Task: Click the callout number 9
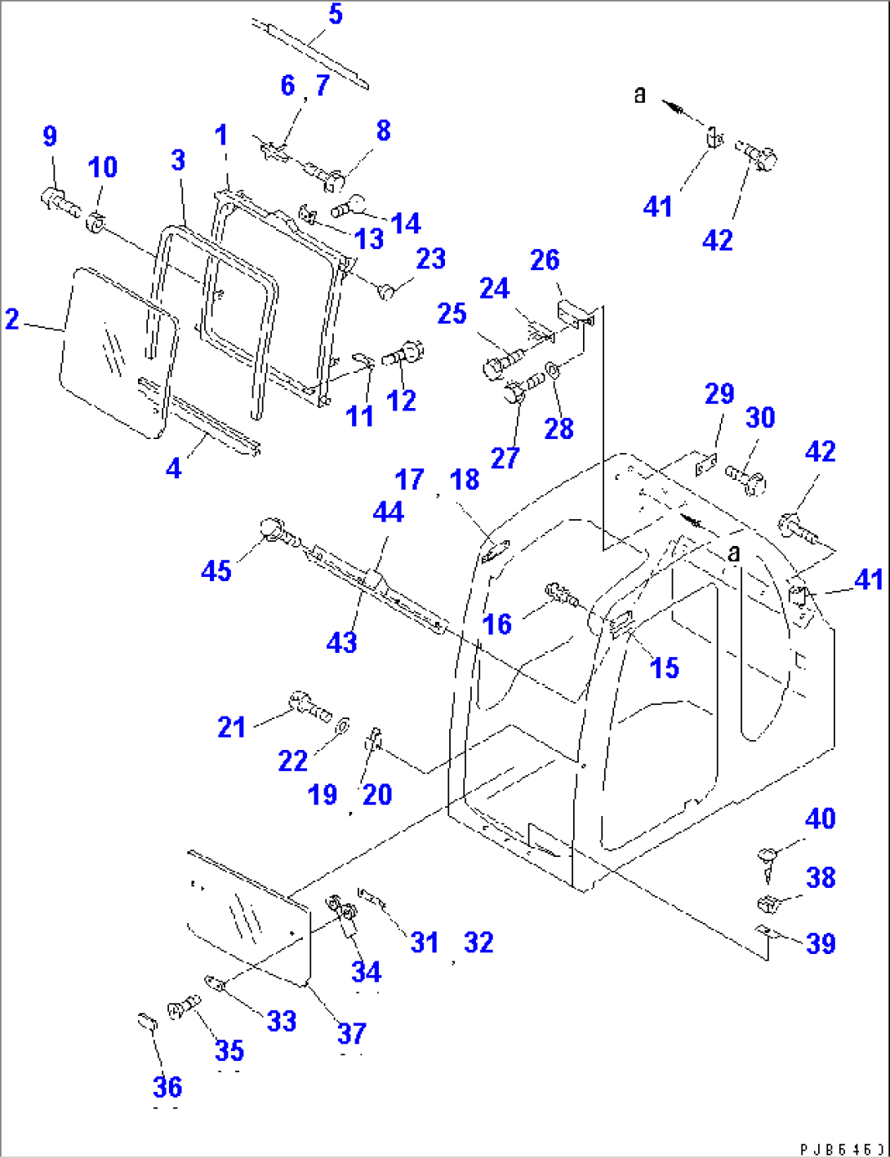pos(50,136)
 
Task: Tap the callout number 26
pos(545,260)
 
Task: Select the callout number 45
pos(216,570)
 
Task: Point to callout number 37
pos(352,1033)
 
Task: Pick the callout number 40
pos(820,819)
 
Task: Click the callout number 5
pos(336,15)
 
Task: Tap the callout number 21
pos(231,726)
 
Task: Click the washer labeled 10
pos(97,220)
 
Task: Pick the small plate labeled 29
pos(705,465)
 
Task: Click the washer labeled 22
pos(342,725)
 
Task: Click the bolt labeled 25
pos(501,362)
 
